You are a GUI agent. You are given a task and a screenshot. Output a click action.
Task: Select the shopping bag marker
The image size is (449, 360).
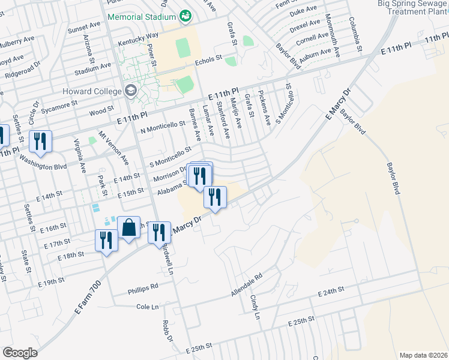coord(128,228)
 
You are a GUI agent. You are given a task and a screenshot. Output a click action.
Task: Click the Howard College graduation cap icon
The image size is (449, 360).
coord(131,91)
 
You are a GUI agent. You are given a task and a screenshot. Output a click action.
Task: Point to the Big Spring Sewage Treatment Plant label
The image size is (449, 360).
coord(414,8)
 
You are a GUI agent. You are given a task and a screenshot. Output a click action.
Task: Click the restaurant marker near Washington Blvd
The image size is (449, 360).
coord(40,142)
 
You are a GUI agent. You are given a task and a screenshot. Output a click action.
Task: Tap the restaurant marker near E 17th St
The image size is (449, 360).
coord(106,241)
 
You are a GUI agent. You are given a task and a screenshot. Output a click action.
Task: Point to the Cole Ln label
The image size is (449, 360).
coord(148,307)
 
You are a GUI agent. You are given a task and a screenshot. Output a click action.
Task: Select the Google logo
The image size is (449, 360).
coord(20,352)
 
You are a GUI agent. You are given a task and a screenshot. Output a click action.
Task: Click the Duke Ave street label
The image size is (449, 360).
coord(303,10)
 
